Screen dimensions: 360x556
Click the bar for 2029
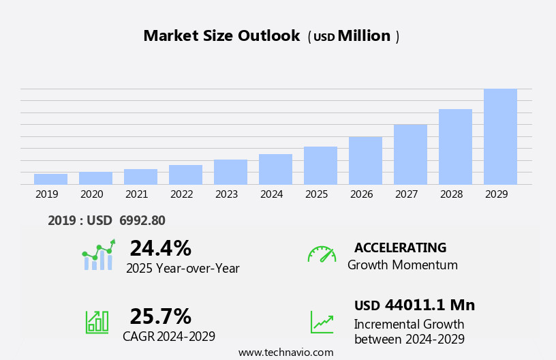500,136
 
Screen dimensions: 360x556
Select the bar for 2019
50,179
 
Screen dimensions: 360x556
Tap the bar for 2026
365,160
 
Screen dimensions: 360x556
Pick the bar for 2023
230,172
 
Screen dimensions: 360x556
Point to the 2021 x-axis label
136,194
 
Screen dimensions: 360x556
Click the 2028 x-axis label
451,194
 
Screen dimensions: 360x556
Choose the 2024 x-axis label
271,194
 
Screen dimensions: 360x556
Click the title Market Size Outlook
221,36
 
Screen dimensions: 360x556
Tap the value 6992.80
142,220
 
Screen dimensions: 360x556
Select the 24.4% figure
160,248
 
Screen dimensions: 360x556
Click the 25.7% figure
160,316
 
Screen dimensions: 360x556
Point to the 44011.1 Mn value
429,305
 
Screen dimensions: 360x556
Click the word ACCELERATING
400,247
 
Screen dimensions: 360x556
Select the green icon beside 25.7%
97,322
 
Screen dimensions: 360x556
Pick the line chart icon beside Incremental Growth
322,322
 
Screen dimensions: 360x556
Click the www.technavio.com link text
285,352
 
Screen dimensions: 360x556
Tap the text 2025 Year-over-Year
183,269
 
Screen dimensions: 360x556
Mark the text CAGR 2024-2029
169,336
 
